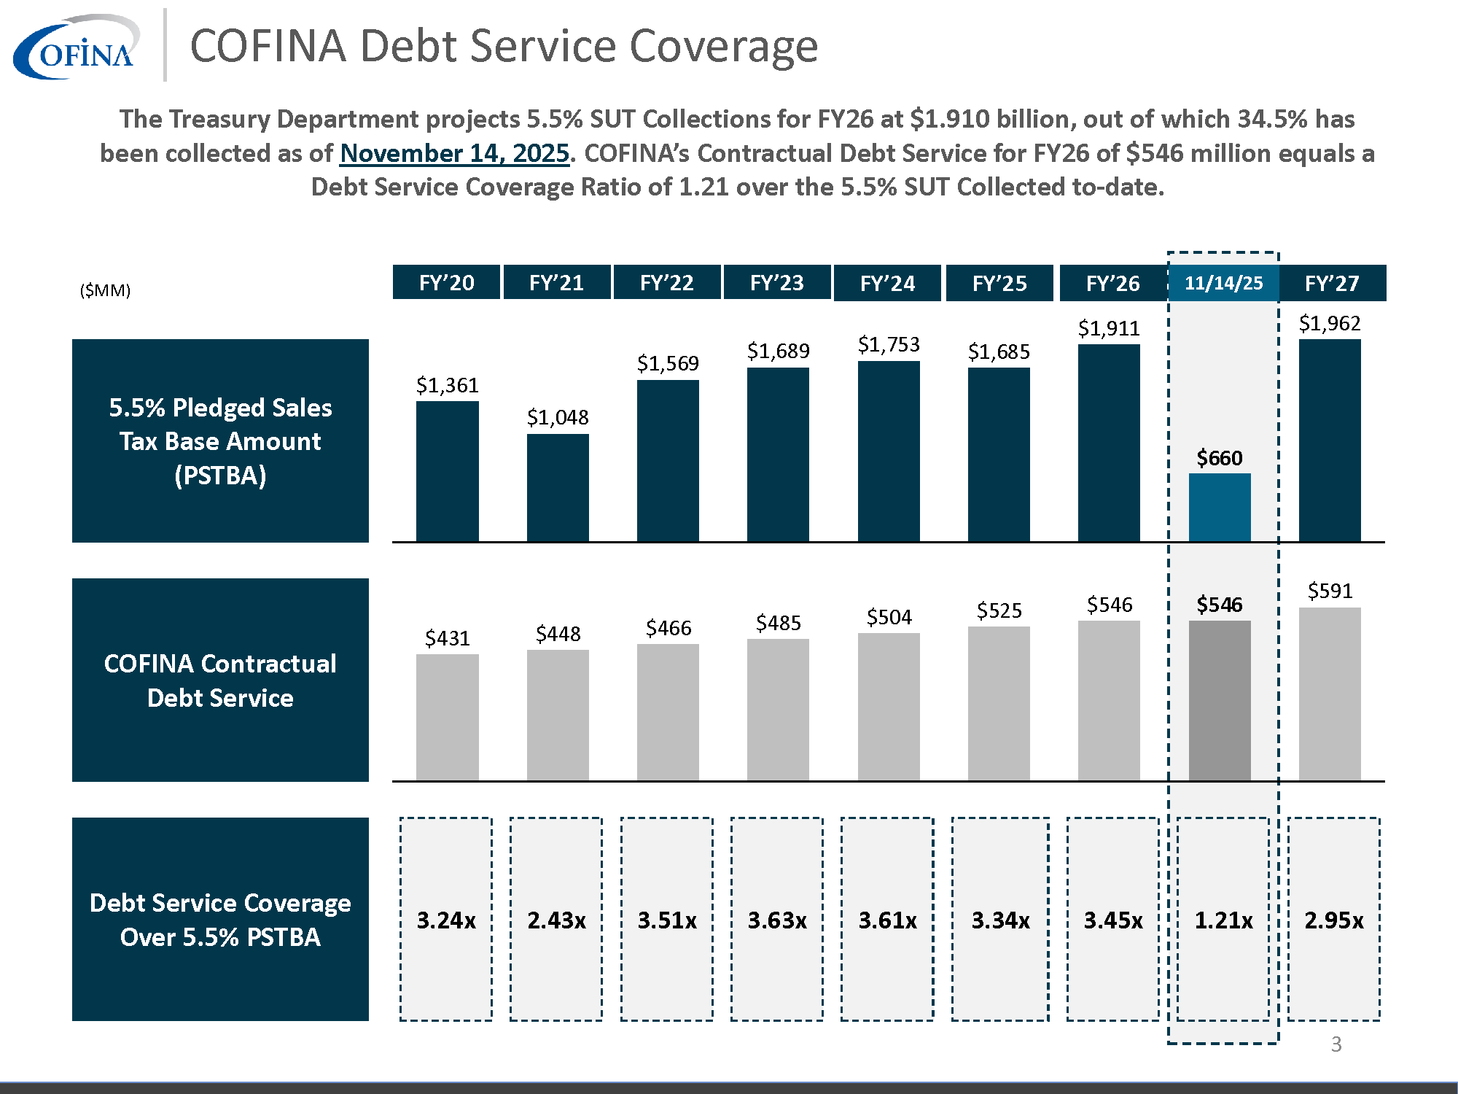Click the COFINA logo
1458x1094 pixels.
click(x=76, y=47)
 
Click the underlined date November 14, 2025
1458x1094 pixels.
click(x=454, y=153)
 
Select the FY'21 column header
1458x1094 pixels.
click(x=556, y=283)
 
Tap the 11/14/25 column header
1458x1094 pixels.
click(x=1223, y=283)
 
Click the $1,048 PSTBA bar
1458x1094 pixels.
click(x=558, y=487)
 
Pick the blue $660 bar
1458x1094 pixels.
click(x=1220, y=507)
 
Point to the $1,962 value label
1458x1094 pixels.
click(x=1330, y=323)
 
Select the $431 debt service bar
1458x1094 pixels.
click(x=447, y=716)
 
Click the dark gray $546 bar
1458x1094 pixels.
click(x=1220, y=700)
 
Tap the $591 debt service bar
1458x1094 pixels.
click(x=1330, y=693)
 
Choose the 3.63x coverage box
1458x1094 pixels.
click(x=777, y=920)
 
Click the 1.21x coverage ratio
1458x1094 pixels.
click(x=1223, y=920)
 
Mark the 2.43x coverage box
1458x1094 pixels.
click(x=556, y=920)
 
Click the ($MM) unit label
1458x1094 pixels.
click(x=105, y=290)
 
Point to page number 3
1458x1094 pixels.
click(x=1336, y=1044)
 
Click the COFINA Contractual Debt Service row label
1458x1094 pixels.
click(x=220, y=680)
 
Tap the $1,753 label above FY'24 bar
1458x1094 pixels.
click(x=889, y=344)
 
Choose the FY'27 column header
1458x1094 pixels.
click(x=1332, y=283)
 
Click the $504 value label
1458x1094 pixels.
click(x=889, y=617)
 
